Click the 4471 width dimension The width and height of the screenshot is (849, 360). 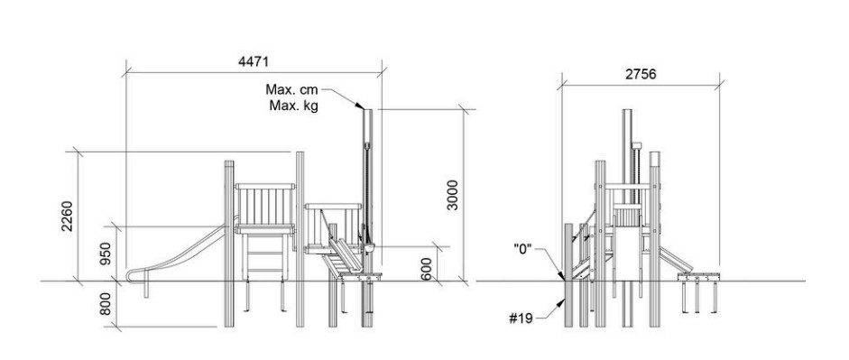[254, 61]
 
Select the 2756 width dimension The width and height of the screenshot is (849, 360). [641, 74]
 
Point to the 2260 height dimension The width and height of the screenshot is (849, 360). [67, 216]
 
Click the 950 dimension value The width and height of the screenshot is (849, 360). [106, 253]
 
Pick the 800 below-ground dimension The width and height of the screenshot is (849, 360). [106, 304]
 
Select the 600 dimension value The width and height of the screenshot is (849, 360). [427, 269]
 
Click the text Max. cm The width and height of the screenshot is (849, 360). [291, 89]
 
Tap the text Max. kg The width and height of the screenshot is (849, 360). [294, 106]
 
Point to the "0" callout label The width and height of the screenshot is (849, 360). [523, 250]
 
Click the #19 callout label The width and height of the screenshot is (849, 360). [521, 318]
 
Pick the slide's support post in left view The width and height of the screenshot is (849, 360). [145, 289]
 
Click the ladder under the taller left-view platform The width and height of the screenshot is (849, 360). [266, 254]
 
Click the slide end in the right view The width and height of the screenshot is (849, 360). [676, 259]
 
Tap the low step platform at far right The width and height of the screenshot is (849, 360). [699, 277]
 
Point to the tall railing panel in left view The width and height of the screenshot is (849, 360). [265, 208]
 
